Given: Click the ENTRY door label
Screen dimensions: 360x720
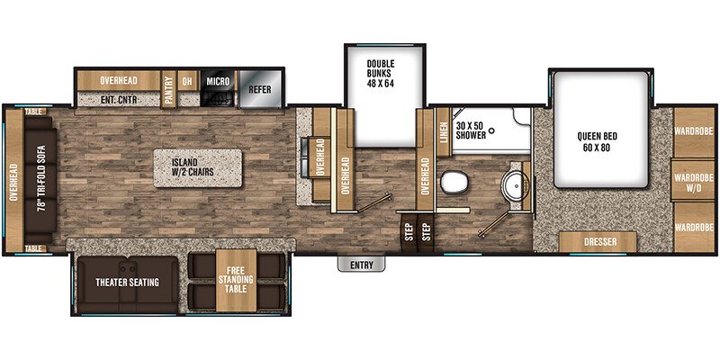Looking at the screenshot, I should point(362,264).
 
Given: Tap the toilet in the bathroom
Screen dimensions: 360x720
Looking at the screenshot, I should point(454,182).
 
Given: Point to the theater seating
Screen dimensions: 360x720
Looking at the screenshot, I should point(128,283).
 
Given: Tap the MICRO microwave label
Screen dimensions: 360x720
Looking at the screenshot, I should point(218,81).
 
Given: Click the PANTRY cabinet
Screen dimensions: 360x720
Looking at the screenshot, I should point(168,87).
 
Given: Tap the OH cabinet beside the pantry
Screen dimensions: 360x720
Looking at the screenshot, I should point(187,80).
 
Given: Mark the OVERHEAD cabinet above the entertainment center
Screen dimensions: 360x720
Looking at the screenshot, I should point(118,79).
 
